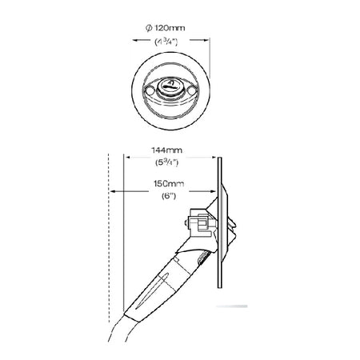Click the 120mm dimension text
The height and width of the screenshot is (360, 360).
click(x=170, y=28)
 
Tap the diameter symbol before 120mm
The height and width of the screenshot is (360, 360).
click(x=149, y=28)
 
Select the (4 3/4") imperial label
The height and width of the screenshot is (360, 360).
click(x=166, y=42)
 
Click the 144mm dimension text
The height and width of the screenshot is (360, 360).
click(x=167, y=150)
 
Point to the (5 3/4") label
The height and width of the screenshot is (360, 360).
click(x=167, y=162)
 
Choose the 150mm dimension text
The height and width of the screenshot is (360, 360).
click(x=169, y=184)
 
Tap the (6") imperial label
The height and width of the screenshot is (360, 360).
click(x=169, y=196)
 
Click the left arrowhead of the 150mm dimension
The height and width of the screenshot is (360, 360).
click(x=113, y=191)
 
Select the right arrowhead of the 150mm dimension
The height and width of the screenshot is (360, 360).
click(x=213, y=191)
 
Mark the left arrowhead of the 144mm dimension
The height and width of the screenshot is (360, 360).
click(x=128, y=158)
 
